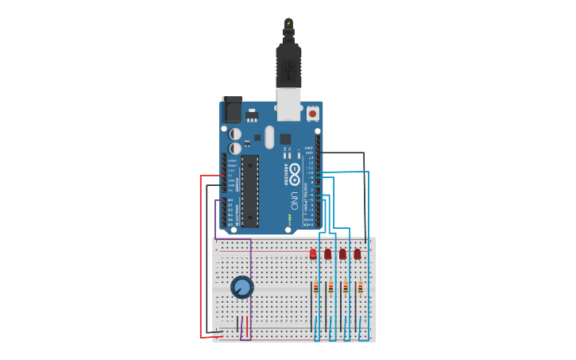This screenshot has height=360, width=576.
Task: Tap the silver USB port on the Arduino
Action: tap(288, 103)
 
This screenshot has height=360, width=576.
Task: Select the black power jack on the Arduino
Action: tap(231, 110)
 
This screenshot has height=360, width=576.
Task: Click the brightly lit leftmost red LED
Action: tap(313, 254)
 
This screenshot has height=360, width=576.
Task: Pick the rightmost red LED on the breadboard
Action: tap(358, 254)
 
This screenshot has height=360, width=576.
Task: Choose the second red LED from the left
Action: tap(327, 254)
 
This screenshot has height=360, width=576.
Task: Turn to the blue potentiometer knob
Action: tap(242, 287)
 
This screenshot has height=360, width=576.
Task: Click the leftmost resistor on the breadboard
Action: tap(316, 288)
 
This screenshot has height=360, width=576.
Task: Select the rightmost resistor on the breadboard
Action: tap(360, 288)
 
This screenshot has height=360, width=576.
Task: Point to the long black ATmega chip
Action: tap(250, 191)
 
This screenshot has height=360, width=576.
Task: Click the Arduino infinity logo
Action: tap(295, 172)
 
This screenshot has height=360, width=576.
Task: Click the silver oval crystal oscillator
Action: tap(269, 137)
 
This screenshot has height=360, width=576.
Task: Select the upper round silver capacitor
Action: tap(235, 134)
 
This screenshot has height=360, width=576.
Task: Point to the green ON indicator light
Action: tap(290, 216)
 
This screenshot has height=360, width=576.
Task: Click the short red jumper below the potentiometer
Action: tap(247, 326)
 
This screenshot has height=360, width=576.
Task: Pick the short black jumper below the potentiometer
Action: tap(237, 326)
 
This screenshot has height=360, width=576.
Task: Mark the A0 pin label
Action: tap(230, 200)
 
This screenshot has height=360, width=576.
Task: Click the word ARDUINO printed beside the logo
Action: tap(285, 174)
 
